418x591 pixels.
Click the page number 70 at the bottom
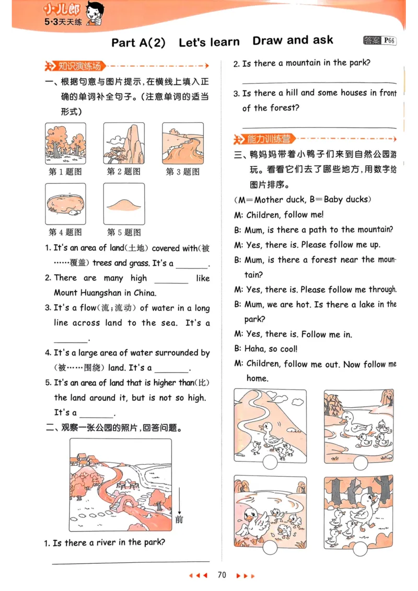222,575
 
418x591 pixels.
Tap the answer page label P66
389,41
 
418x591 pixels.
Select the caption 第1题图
65,171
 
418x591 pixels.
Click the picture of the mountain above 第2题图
123,144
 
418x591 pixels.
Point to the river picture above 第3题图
182,144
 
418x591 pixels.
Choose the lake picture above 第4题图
65,204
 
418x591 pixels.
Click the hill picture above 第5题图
123,204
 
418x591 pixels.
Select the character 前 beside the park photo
179,519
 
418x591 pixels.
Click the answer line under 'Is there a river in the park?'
131,561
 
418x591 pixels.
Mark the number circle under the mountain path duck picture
270,462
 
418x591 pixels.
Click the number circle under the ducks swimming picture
360,463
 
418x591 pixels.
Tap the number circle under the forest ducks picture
361,547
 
